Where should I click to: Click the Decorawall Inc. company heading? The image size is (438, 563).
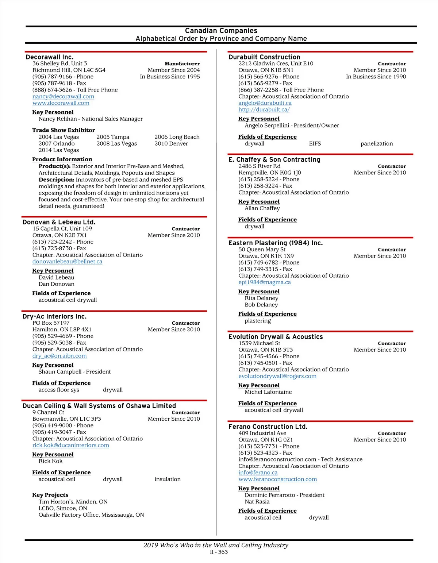(x=49, y=57)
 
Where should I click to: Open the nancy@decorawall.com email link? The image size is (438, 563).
(x=63, y=96)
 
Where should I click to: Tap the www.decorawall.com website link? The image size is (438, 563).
(x=61, y=103)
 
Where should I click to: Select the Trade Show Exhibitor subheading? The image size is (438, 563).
(x=63, y=130)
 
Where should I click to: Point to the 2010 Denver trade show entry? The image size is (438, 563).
(x=171, y=143)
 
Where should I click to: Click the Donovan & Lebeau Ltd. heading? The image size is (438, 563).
(x=59, y=222)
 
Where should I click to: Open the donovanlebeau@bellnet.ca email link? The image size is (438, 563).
(x=67, y=261)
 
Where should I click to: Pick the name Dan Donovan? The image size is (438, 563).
(x=56, y=284)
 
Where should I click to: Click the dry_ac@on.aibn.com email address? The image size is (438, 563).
(x=59, y=356)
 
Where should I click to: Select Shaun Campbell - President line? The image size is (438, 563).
(x=74, y=371)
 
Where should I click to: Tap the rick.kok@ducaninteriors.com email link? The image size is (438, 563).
(x=70, y=445)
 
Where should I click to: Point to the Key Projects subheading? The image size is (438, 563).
(x=50, y=495)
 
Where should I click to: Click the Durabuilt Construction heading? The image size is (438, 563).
(x=264, y=57)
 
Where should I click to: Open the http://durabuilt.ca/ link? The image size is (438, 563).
(x=264, y=109)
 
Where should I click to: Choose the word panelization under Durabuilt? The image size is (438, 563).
(x=377, y=143)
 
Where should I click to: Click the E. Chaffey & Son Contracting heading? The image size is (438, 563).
(x=274, y=159)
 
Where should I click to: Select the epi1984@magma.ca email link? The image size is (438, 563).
(x=265, y=282)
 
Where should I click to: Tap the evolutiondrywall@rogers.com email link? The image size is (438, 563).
(x=277, y=376)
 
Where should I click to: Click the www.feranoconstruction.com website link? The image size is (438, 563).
(x=277, y=479)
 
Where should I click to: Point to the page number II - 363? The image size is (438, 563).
(x=219, y=552)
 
